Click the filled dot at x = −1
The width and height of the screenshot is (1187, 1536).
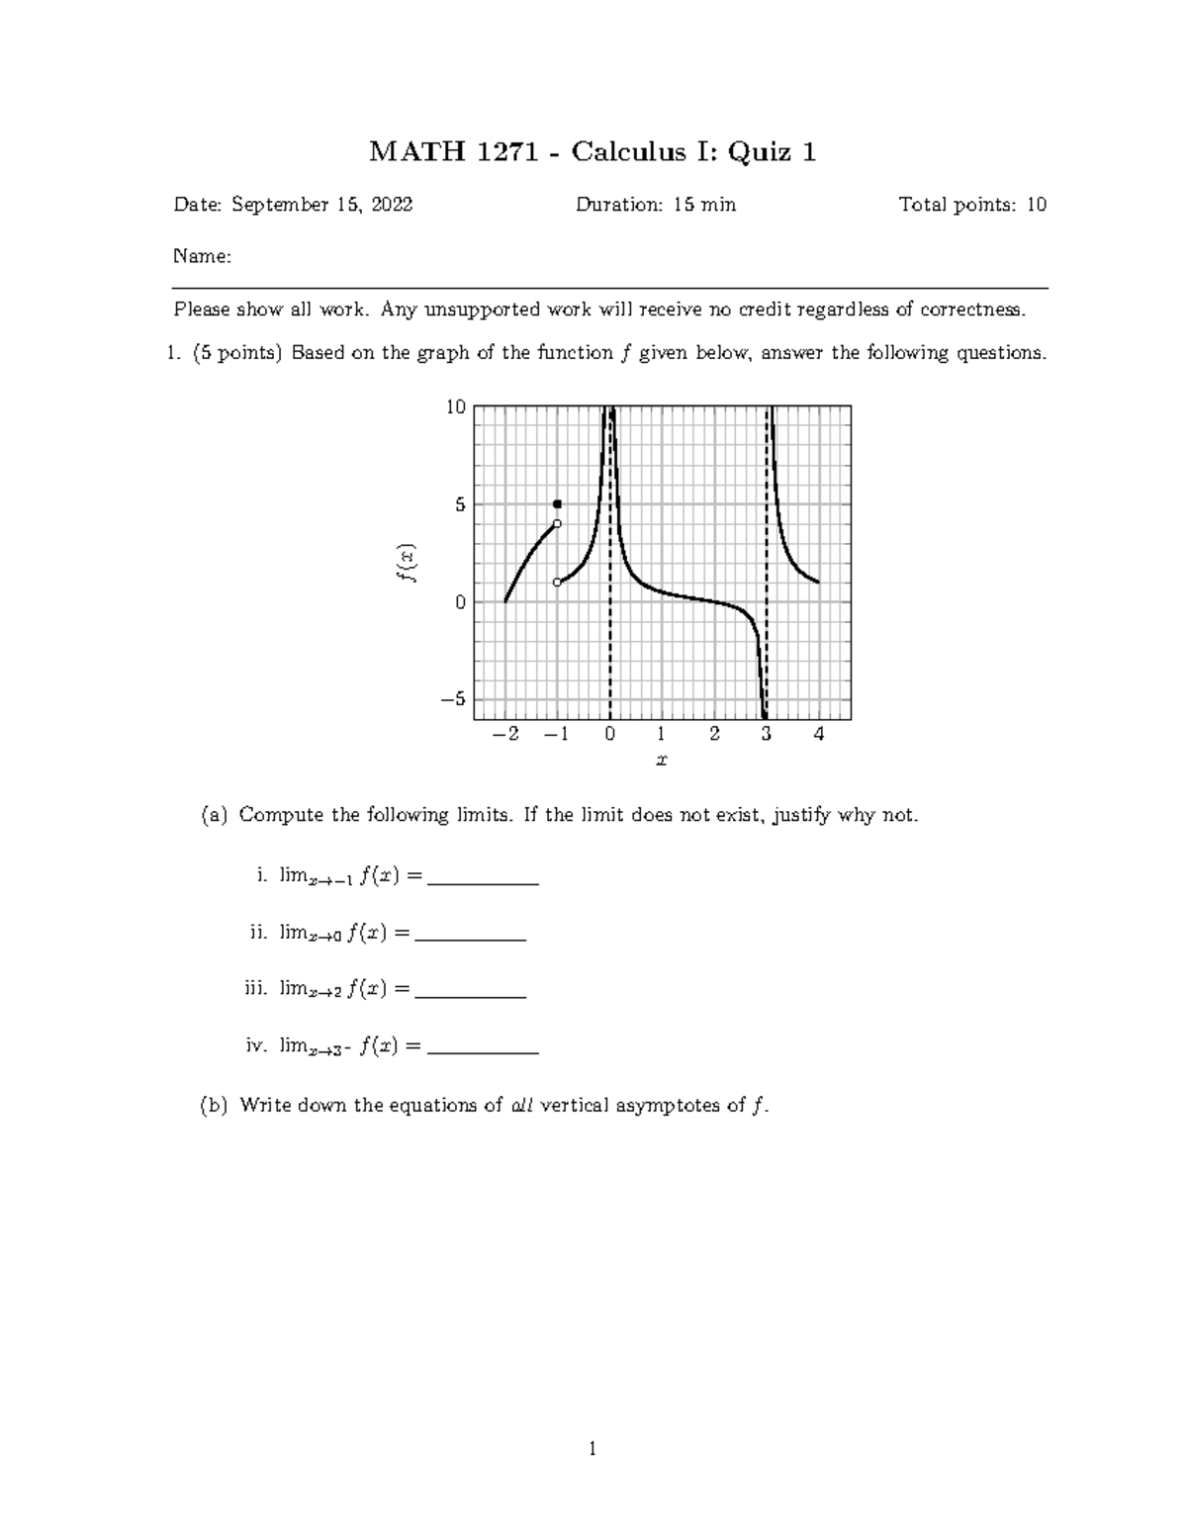click(557, 504)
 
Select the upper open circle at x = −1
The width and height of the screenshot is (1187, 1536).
click(557, 524)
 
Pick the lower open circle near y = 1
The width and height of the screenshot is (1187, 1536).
click(557, 583)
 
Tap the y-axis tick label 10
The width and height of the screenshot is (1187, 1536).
click(455, 407)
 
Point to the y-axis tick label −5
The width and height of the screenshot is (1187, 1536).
click(452, 699)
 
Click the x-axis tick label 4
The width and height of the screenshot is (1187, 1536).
click(818, 734)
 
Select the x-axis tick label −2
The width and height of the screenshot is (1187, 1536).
click(504, 734)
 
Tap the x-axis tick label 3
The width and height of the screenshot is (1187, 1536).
click(766, 734)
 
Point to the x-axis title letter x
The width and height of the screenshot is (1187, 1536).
click(661, 761)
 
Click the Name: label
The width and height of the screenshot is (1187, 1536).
click(203, 257)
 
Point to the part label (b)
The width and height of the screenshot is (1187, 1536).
click(214, 1106)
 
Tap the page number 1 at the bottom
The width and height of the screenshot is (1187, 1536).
click(593, 1450)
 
